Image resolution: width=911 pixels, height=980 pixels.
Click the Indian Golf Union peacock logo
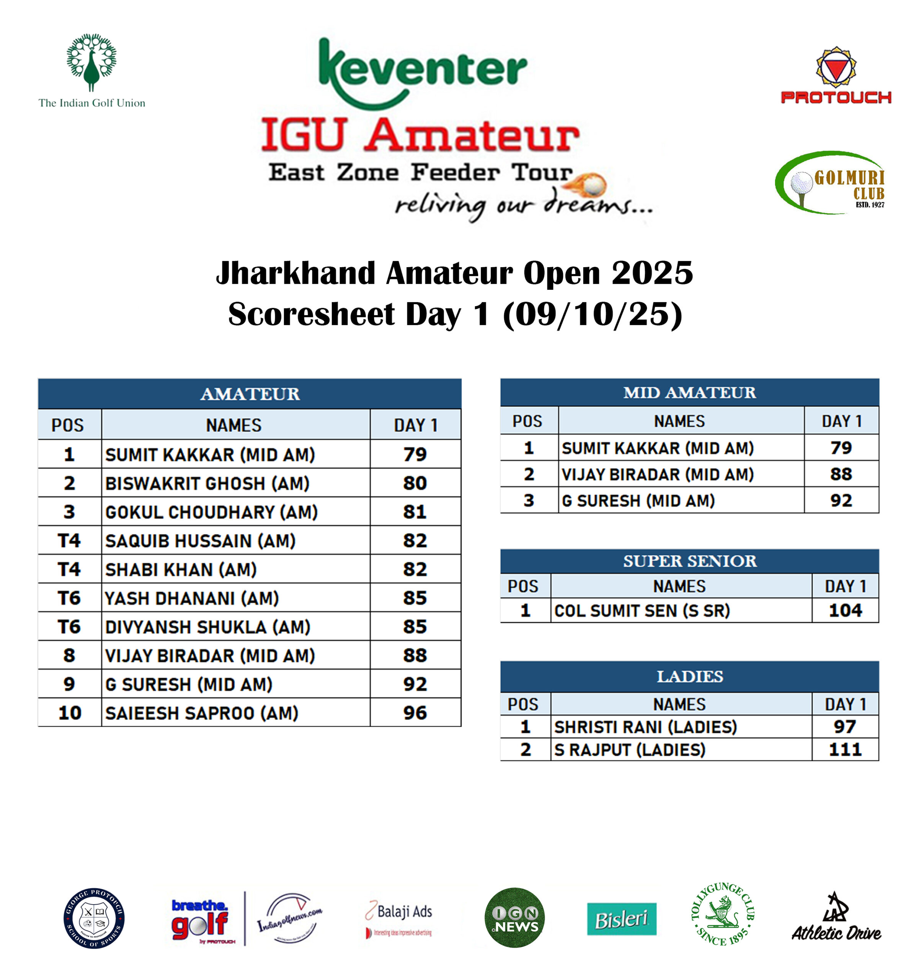(92, 63)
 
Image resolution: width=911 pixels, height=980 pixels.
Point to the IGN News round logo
(515, 918)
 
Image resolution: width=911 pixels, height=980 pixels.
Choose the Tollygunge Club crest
(722, 915)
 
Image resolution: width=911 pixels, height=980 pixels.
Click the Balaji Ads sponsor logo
(399, 918)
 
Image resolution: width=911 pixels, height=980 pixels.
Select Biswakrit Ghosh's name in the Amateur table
(207, 483)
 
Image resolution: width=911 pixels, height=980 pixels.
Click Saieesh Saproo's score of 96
(415, 713)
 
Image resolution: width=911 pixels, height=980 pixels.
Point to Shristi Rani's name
(645, 727)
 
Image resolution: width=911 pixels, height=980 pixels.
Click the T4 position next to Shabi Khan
(69, 569)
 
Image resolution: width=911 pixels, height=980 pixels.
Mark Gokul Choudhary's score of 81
(415, 512)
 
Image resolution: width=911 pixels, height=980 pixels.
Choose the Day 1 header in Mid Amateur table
(841, 421)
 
